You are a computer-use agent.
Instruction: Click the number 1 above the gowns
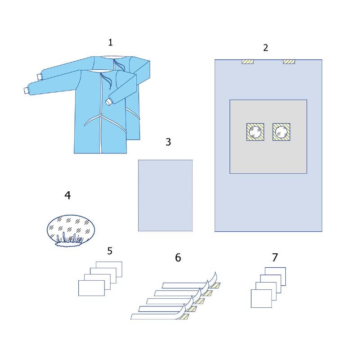click(110, 42)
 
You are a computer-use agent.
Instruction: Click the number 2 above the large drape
click(265, 48)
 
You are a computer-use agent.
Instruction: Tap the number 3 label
click(168, 142)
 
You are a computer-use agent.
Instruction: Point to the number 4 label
click(67, 195)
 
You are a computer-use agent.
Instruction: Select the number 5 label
click(110, 251)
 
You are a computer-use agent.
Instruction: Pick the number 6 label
click(178, 257)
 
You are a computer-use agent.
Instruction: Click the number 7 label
click(275, 257)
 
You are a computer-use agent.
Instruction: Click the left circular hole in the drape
click(255, 132)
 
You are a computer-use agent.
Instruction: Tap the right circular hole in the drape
click(281, 132)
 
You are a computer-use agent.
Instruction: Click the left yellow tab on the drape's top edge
click(247, 62)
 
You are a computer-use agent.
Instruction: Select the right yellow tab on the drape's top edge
click(289, 62)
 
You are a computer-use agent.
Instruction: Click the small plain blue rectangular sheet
click(165, 195)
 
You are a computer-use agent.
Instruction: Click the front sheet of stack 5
click(91, 288)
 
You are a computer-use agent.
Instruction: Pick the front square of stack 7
click(261, 298)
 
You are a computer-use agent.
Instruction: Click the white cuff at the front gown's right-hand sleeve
click(108, 101)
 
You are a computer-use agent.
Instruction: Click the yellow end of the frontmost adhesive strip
click(183, 317)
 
